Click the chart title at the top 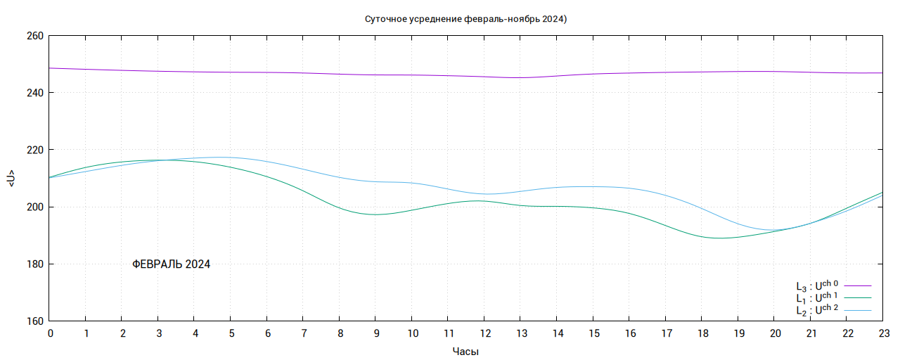[x=465, y=18]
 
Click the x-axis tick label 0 [x=50, y=333]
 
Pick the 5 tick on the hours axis [x=231, y=333]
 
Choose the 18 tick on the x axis [x=701, y=333]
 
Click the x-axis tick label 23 [x=882, y=333]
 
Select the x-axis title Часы [x=465, y=350]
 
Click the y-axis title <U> [x=11, y=179]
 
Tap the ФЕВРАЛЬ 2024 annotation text [x=172, y=264]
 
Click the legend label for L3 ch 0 [x=817, y=285]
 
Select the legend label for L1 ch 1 [x=817, y=297]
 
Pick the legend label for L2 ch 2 [x=817, y=309]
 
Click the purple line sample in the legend [x=858, y=286]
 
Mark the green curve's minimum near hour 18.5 [x=719, y=238]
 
